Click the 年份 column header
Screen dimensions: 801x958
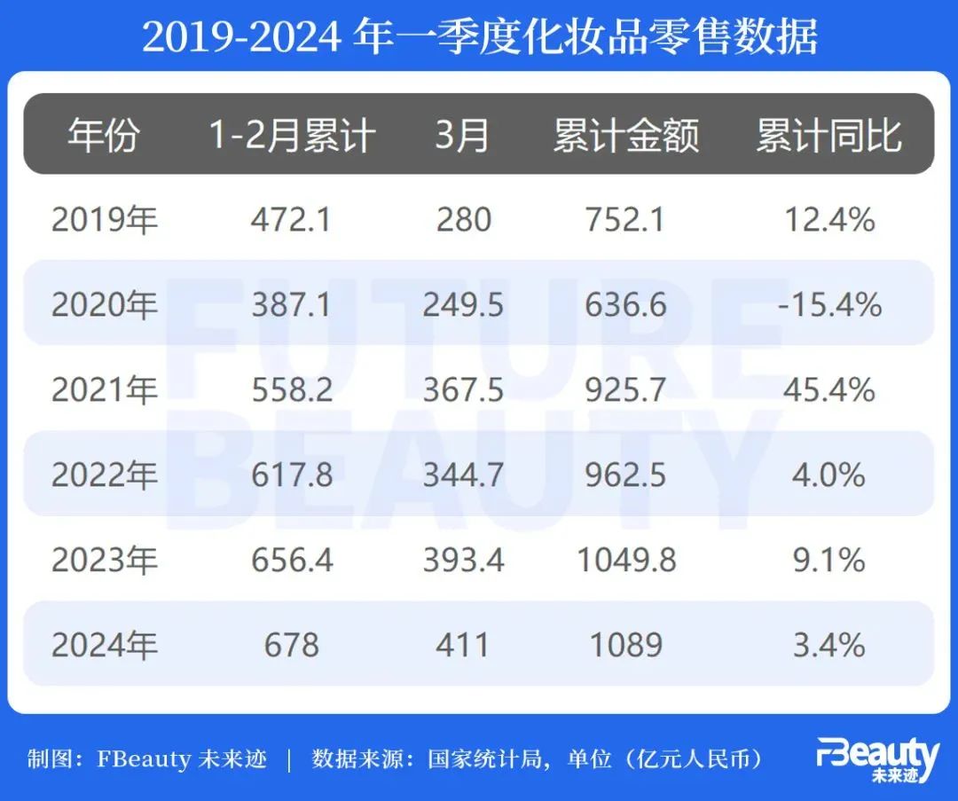[104, 136]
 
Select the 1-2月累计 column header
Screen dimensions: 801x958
[292, 136]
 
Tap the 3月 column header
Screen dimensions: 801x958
[462, 136]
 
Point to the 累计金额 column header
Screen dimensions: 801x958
[625, 136]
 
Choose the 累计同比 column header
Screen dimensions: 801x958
[828, 136]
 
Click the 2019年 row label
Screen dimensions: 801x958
[104, 219]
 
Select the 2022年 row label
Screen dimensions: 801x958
[104, 475]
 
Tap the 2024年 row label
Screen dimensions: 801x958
[104, 645]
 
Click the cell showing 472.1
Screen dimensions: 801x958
[291, 219]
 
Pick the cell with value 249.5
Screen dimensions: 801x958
[462, 304]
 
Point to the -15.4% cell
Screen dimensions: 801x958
[828, 304]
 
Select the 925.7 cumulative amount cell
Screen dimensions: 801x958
[625, 389]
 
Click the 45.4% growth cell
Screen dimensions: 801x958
[828, 389]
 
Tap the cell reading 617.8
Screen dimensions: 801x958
[291, 475]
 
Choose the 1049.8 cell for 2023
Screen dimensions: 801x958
[625, 560]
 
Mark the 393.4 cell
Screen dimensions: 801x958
[462, 560]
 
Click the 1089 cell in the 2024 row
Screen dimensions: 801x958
[625, 645]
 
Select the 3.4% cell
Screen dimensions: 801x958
[828, 645]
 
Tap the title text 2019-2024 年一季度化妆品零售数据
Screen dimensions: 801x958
[479, 36]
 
